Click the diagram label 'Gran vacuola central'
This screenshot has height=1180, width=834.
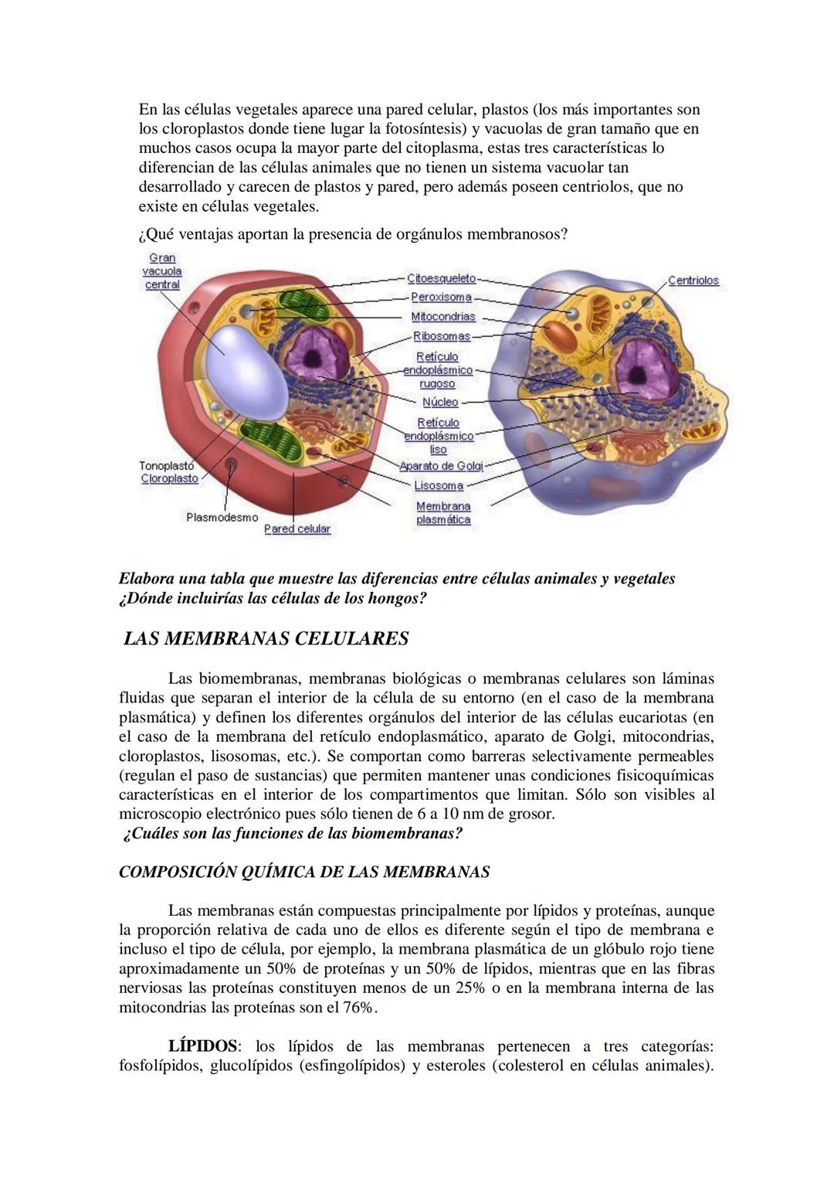pyautogui.click(x=162, y=271)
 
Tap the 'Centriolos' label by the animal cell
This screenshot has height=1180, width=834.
pyautogui.click(x=693, y=281)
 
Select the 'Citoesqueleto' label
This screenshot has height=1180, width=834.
pyautogui.click(x=442, y=278)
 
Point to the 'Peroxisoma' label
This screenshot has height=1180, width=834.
pyautogui.click(x=441, y=298)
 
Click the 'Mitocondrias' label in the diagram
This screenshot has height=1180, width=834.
pyautogui.click(x=443, y=317)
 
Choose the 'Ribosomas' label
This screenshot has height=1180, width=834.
pyautogui.click(x=442, y=336)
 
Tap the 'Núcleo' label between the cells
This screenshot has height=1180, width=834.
pyautogui.click(x=440, y=402)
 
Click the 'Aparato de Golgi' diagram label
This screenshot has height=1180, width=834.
pyautogui.click(x=441, y=466)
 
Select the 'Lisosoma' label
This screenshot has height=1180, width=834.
pyautogui.click(x=439, y=486)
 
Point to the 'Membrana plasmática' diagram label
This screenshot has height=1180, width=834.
pyautogui.click(x=443, y=513)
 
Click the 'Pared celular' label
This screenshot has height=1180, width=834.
pyautogui.click(x=297, y=529)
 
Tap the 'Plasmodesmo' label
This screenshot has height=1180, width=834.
pyautogui.click(x=222, y=517)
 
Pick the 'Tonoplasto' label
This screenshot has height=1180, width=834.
pyautogui.click(x=166, y=466)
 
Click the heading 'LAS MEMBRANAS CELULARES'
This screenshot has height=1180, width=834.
pyautogui.click(x=266, y=639)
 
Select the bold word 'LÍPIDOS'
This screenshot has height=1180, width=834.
pyautogui.click(x=202, y=1046)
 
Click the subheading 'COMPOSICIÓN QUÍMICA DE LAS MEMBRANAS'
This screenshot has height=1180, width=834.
pyautogui.click(x=304, y=872)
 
